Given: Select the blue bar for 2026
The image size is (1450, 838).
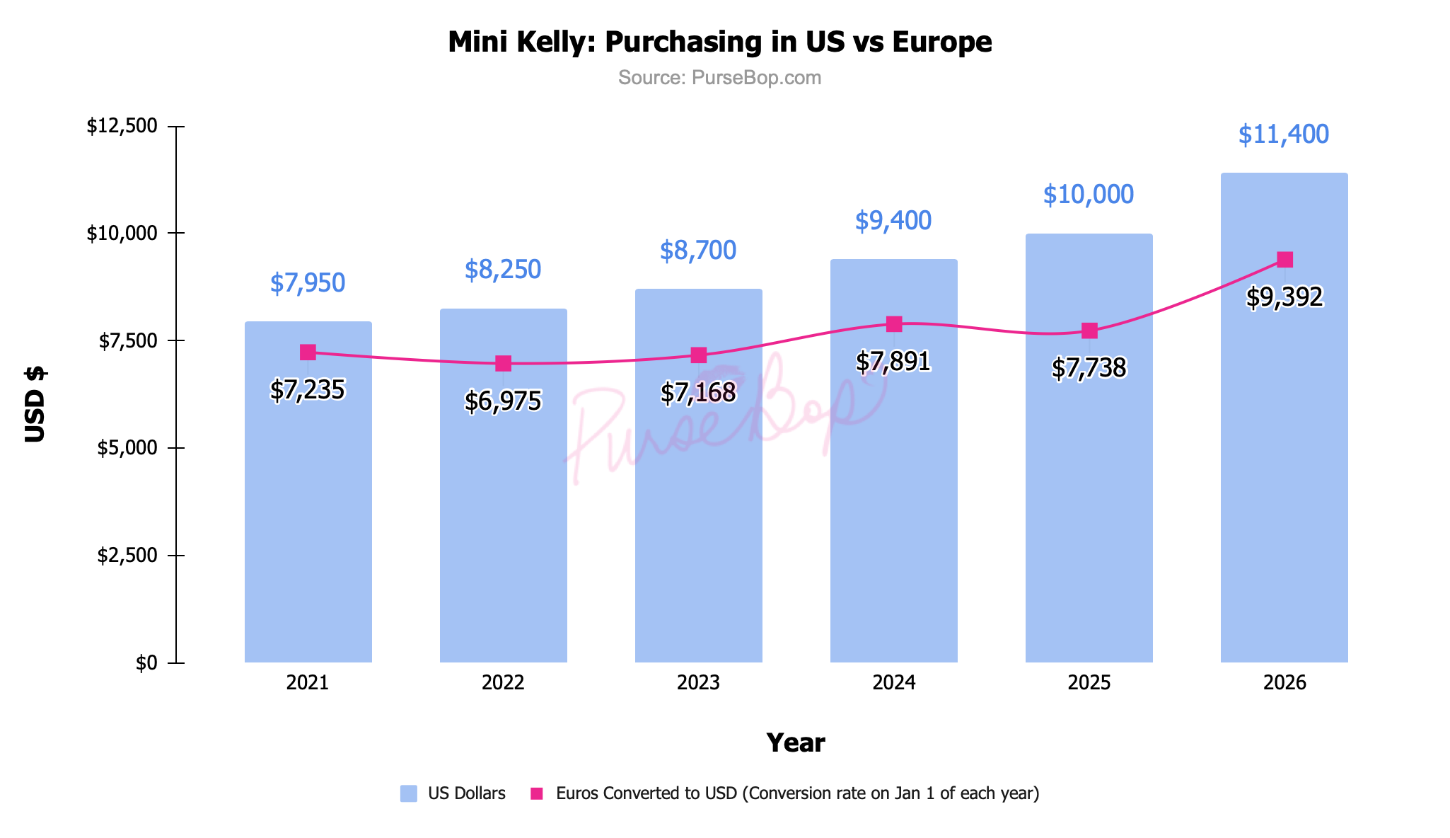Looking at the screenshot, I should (x=1284, y=460).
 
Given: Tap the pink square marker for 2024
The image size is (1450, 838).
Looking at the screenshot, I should (x=894, y=324).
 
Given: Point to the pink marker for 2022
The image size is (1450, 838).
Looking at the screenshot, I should (x=503, y=363).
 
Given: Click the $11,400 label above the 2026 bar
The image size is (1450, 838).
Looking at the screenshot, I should (x=1283, y=134).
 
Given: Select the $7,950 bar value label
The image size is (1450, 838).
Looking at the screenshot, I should (x=308, y=283).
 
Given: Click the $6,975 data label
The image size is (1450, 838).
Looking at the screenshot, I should (x=503, y=401).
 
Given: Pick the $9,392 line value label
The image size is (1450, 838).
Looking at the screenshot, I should (x=1284, y=297).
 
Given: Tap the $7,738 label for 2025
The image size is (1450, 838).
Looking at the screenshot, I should (x=1089, y=368).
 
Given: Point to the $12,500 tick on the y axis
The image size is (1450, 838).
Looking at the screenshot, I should (x=122, y=127).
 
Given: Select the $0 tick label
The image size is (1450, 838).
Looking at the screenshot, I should (x=146, y=663).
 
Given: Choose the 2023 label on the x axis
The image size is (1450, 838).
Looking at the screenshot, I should (x=698, y=683).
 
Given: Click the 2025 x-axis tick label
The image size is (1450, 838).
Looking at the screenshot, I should (x=1089, y=683).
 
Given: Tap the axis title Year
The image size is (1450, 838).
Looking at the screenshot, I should (x=795, y=743).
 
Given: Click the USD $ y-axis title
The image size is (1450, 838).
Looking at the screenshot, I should (x=35, y=405).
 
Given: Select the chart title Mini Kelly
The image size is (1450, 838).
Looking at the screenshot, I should (x=719, y=42).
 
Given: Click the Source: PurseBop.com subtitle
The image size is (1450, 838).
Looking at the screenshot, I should (x=719, y=78).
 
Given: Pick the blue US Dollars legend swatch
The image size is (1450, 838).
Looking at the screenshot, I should (x=408, y=793).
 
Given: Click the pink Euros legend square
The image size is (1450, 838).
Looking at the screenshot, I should (x=537, y=793).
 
